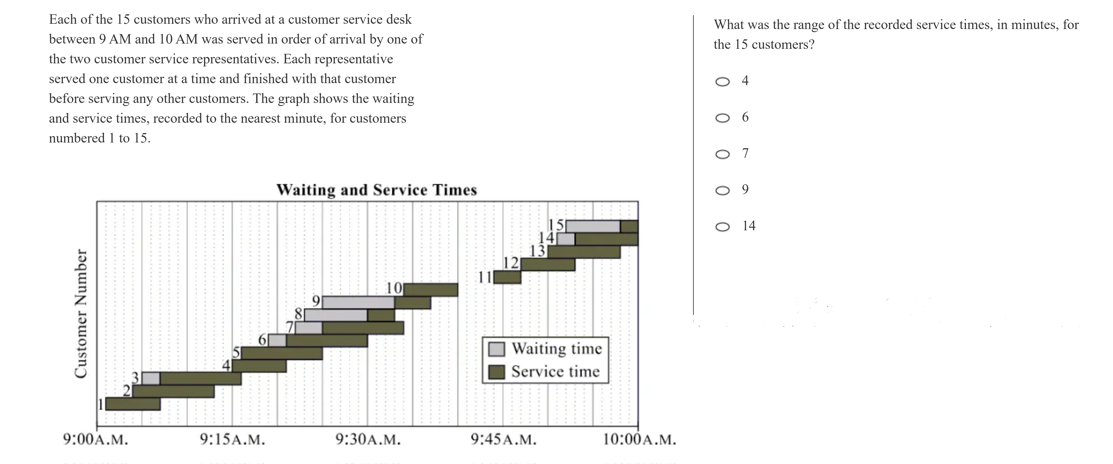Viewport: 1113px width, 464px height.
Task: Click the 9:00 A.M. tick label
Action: point(95,440)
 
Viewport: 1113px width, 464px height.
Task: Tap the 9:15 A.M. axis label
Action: point(232,440)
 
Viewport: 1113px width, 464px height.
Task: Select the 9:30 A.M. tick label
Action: point(368,440)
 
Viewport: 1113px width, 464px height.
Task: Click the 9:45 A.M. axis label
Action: point(503,440)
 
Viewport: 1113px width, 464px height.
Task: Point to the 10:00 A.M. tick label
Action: point(639,440)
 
